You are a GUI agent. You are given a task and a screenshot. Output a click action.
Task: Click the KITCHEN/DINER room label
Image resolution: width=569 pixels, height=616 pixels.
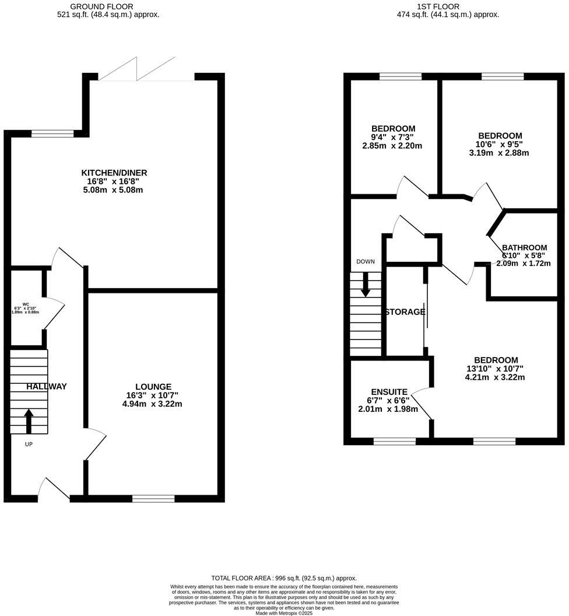click(114, 173)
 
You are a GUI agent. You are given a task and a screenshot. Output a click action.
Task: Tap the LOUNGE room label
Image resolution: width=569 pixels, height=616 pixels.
click(153, 387)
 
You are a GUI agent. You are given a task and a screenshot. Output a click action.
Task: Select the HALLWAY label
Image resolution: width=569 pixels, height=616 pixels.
click(47, 386)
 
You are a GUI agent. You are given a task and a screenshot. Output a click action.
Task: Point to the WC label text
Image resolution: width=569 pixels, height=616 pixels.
click(26, 304)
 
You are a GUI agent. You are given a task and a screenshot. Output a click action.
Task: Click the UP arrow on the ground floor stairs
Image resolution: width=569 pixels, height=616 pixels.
click(29, 421)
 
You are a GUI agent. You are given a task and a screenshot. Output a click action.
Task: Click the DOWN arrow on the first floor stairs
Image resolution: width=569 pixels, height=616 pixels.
click(366, 284)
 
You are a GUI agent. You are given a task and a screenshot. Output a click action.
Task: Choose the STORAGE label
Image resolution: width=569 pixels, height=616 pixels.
click(405, 312)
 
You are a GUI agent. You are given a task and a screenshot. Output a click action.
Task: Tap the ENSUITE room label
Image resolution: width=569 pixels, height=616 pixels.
click(389, 392)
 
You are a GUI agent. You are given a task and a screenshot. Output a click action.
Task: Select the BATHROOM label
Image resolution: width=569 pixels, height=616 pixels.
click(525, 247)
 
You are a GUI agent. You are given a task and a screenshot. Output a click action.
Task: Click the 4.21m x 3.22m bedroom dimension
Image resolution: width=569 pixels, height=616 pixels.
click(495, 377)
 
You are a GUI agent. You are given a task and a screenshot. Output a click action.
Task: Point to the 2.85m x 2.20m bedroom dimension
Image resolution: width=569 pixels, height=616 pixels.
click(393, 146)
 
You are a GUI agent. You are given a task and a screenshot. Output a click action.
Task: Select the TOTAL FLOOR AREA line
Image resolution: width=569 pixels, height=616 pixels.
click(284, 578)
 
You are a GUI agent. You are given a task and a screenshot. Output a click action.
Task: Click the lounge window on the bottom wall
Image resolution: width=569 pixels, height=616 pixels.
click(153, 498)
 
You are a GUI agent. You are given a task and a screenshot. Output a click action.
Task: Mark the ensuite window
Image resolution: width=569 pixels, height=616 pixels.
click(395, 442)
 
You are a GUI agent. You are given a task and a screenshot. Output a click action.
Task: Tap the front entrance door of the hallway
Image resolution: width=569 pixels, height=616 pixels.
click(54, 490)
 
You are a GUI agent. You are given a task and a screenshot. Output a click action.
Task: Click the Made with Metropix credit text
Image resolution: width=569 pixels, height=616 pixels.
click(284, 612)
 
